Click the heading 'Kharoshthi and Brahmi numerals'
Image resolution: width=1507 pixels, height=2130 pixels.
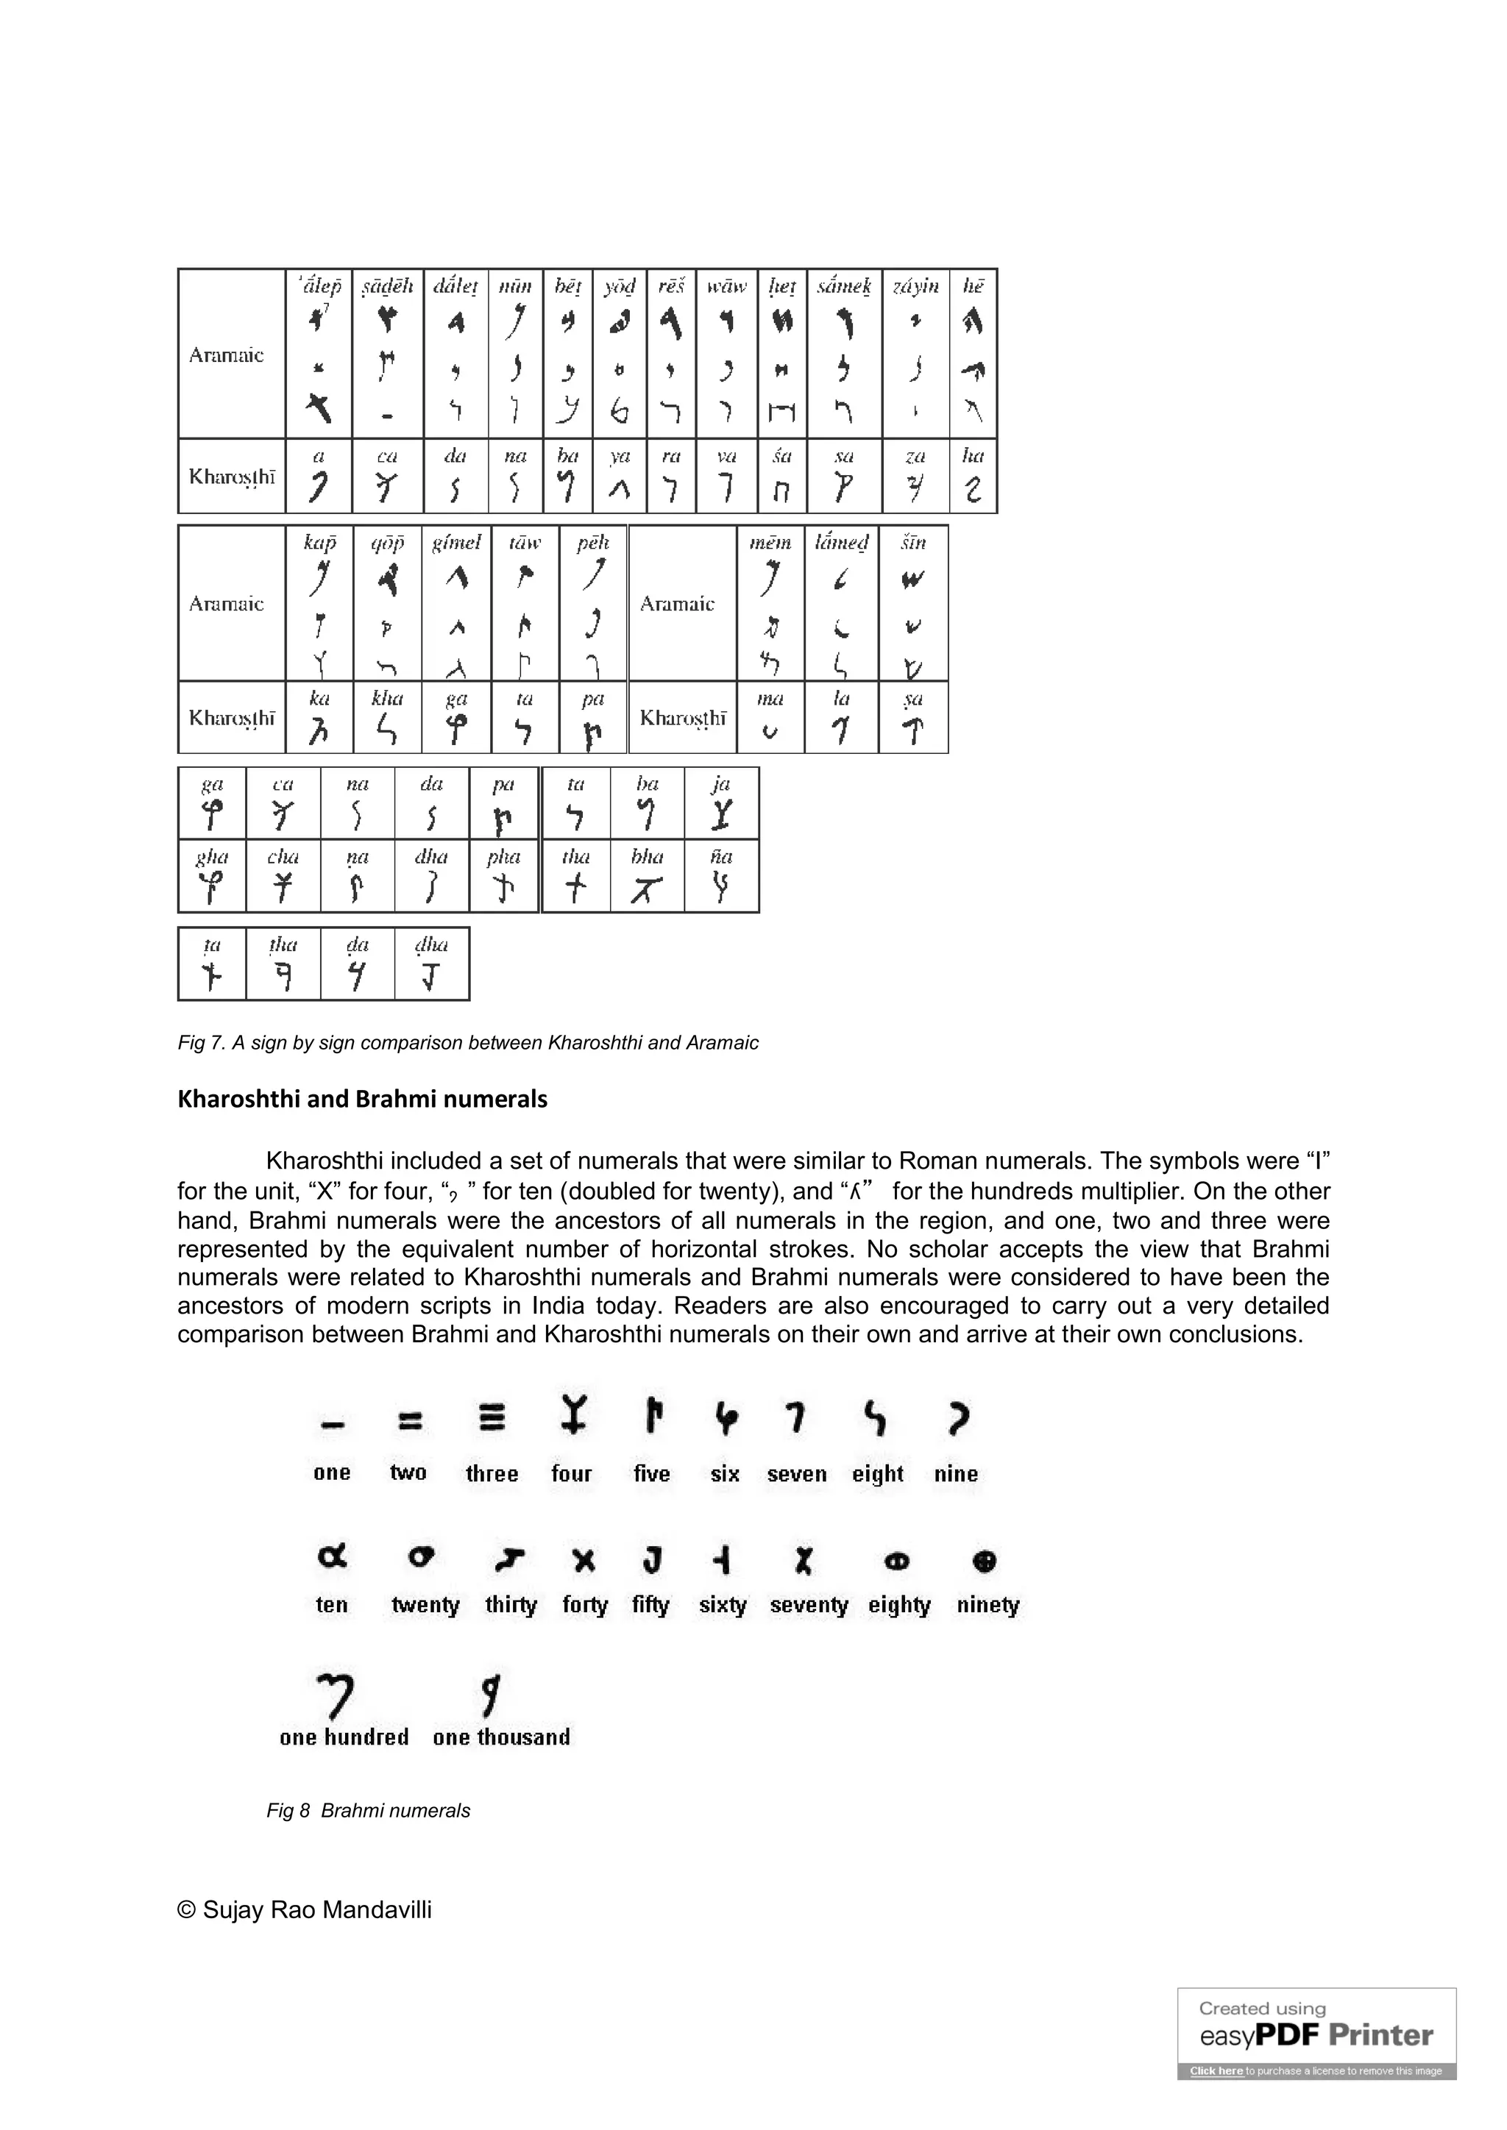pyautogui.click(x=362, y=1100)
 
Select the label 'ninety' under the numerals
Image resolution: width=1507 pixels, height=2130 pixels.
pyautogui.click(x=987, y=1605)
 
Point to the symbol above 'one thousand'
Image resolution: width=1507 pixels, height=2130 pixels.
pyautogui.click(x=491, y=1693)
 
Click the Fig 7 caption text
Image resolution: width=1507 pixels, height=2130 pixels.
pyautogui.click(x=468, y=1043)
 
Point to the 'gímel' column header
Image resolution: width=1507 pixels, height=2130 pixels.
pyautogui.click(x=455, y=542)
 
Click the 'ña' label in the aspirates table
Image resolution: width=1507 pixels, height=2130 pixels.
pyautogui.click(x=721, y=856)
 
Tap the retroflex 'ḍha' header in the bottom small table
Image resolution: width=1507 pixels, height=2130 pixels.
pyautogui.click(x=430, y=944)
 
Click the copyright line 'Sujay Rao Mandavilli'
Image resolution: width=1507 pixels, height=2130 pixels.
pyautogui.click(x=305, y=1910)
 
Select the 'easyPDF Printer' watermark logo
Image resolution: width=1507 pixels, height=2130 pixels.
pyautogui.click(x=1316, y=2035)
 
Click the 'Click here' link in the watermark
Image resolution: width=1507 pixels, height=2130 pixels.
pyautogui.click(x=1216, y=2070)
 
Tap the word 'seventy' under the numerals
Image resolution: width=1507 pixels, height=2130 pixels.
pyautogui.click(x=808, y=1605)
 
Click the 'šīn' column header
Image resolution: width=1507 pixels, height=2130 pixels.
pyautogui.click(x=913, y=542)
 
